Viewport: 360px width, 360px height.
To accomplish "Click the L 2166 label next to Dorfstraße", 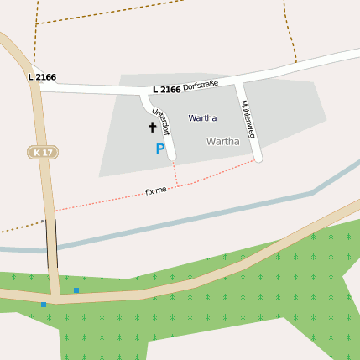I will [167, 90].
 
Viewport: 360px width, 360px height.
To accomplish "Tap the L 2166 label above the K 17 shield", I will [42, 77].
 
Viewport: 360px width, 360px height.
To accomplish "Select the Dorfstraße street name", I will [201, 85].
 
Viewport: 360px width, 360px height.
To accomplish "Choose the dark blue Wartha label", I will [202, 118].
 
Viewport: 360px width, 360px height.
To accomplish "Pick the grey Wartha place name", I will [222, 141].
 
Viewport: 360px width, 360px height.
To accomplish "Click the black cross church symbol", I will [152, 127].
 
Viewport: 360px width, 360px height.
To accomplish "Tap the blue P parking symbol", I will [159, 149].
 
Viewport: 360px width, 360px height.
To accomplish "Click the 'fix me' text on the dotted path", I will [156, 191].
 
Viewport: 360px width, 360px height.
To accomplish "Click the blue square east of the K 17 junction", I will [76, 290].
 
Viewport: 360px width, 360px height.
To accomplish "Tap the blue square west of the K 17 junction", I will [44, 304].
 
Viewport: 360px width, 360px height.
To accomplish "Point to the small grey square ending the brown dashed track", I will [41, 222].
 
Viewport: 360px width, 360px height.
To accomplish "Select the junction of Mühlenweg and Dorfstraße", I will [238, 82].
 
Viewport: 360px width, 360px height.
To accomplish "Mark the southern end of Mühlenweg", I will [258, 158].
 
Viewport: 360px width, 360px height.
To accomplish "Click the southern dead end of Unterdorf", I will [172, 156].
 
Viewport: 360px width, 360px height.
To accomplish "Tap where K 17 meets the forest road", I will [55, 296].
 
